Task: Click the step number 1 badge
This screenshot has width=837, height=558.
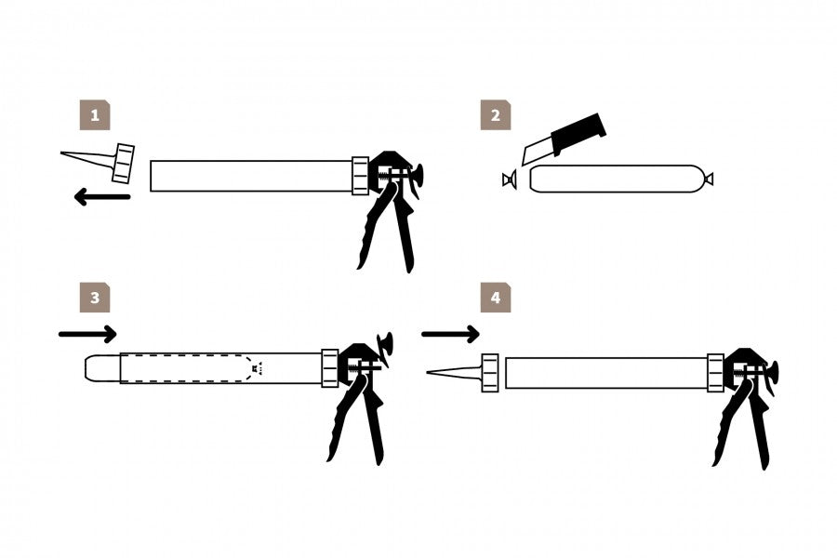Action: [95, 114]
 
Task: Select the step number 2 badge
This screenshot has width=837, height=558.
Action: [496, 114]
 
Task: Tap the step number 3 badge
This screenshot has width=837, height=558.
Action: [95, 298]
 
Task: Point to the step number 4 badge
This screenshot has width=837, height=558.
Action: [496, 298]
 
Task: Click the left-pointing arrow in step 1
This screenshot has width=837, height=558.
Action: [102, 197]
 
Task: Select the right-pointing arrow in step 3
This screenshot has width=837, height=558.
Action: [87, 334]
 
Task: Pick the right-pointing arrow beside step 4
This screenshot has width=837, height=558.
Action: [450, 334]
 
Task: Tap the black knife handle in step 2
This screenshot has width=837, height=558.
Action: [578, 133]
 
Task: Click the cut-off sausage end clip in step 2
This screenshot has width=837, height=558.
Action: [510, 179]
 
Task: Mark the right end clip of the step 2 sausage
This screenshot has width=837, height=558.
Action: [709, 179]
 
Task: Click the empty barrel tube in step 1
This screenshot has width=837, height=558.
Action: [251, 176]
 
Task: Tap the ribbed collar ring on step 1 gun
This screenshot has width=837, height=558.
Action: [360, 176]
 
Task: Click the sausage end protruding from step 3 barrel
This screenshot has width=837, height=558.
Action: [102, 368]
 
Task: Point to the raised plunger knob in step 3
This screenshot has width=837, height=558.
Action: [384, 344]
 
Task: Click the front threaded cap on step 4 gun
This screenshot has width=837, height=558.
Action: [490, 373]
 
